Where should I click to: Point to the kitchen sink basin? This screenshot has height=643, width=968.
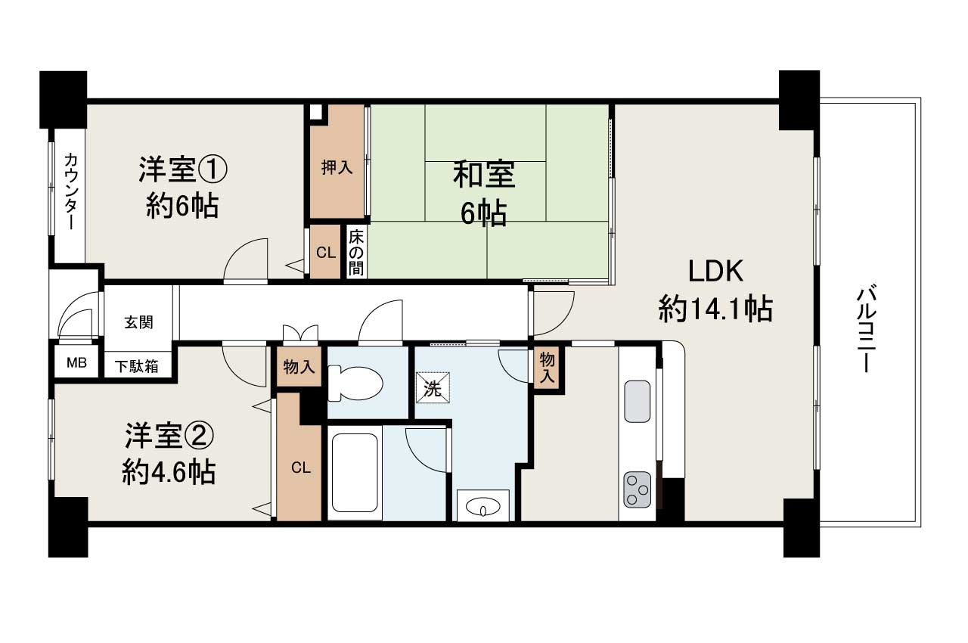tap(637, 402)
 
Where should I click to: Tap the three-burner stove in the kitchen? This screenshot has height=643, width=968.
tap(637, 489)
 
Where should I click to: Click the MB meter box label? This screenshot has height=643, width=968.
tap(76, 362)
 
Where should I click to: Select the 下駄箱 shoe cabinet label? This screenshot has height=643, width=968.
tap(137, 366)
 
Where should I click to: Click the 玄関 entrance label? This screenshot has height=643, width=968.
tap(139, 321)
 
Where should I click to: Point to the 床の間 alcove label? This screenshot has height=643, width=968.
tap(356, 252)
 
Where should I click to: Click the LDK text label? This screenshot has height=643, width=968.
tap(715, 271)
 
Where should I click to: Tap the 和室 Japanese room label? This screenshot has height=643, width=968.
tap(484, 175)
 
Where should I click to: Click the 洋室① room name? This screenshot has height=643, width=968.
tap(182, 169)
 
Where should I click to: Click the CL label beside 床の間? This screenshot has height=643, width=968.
tap(326, 253)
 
